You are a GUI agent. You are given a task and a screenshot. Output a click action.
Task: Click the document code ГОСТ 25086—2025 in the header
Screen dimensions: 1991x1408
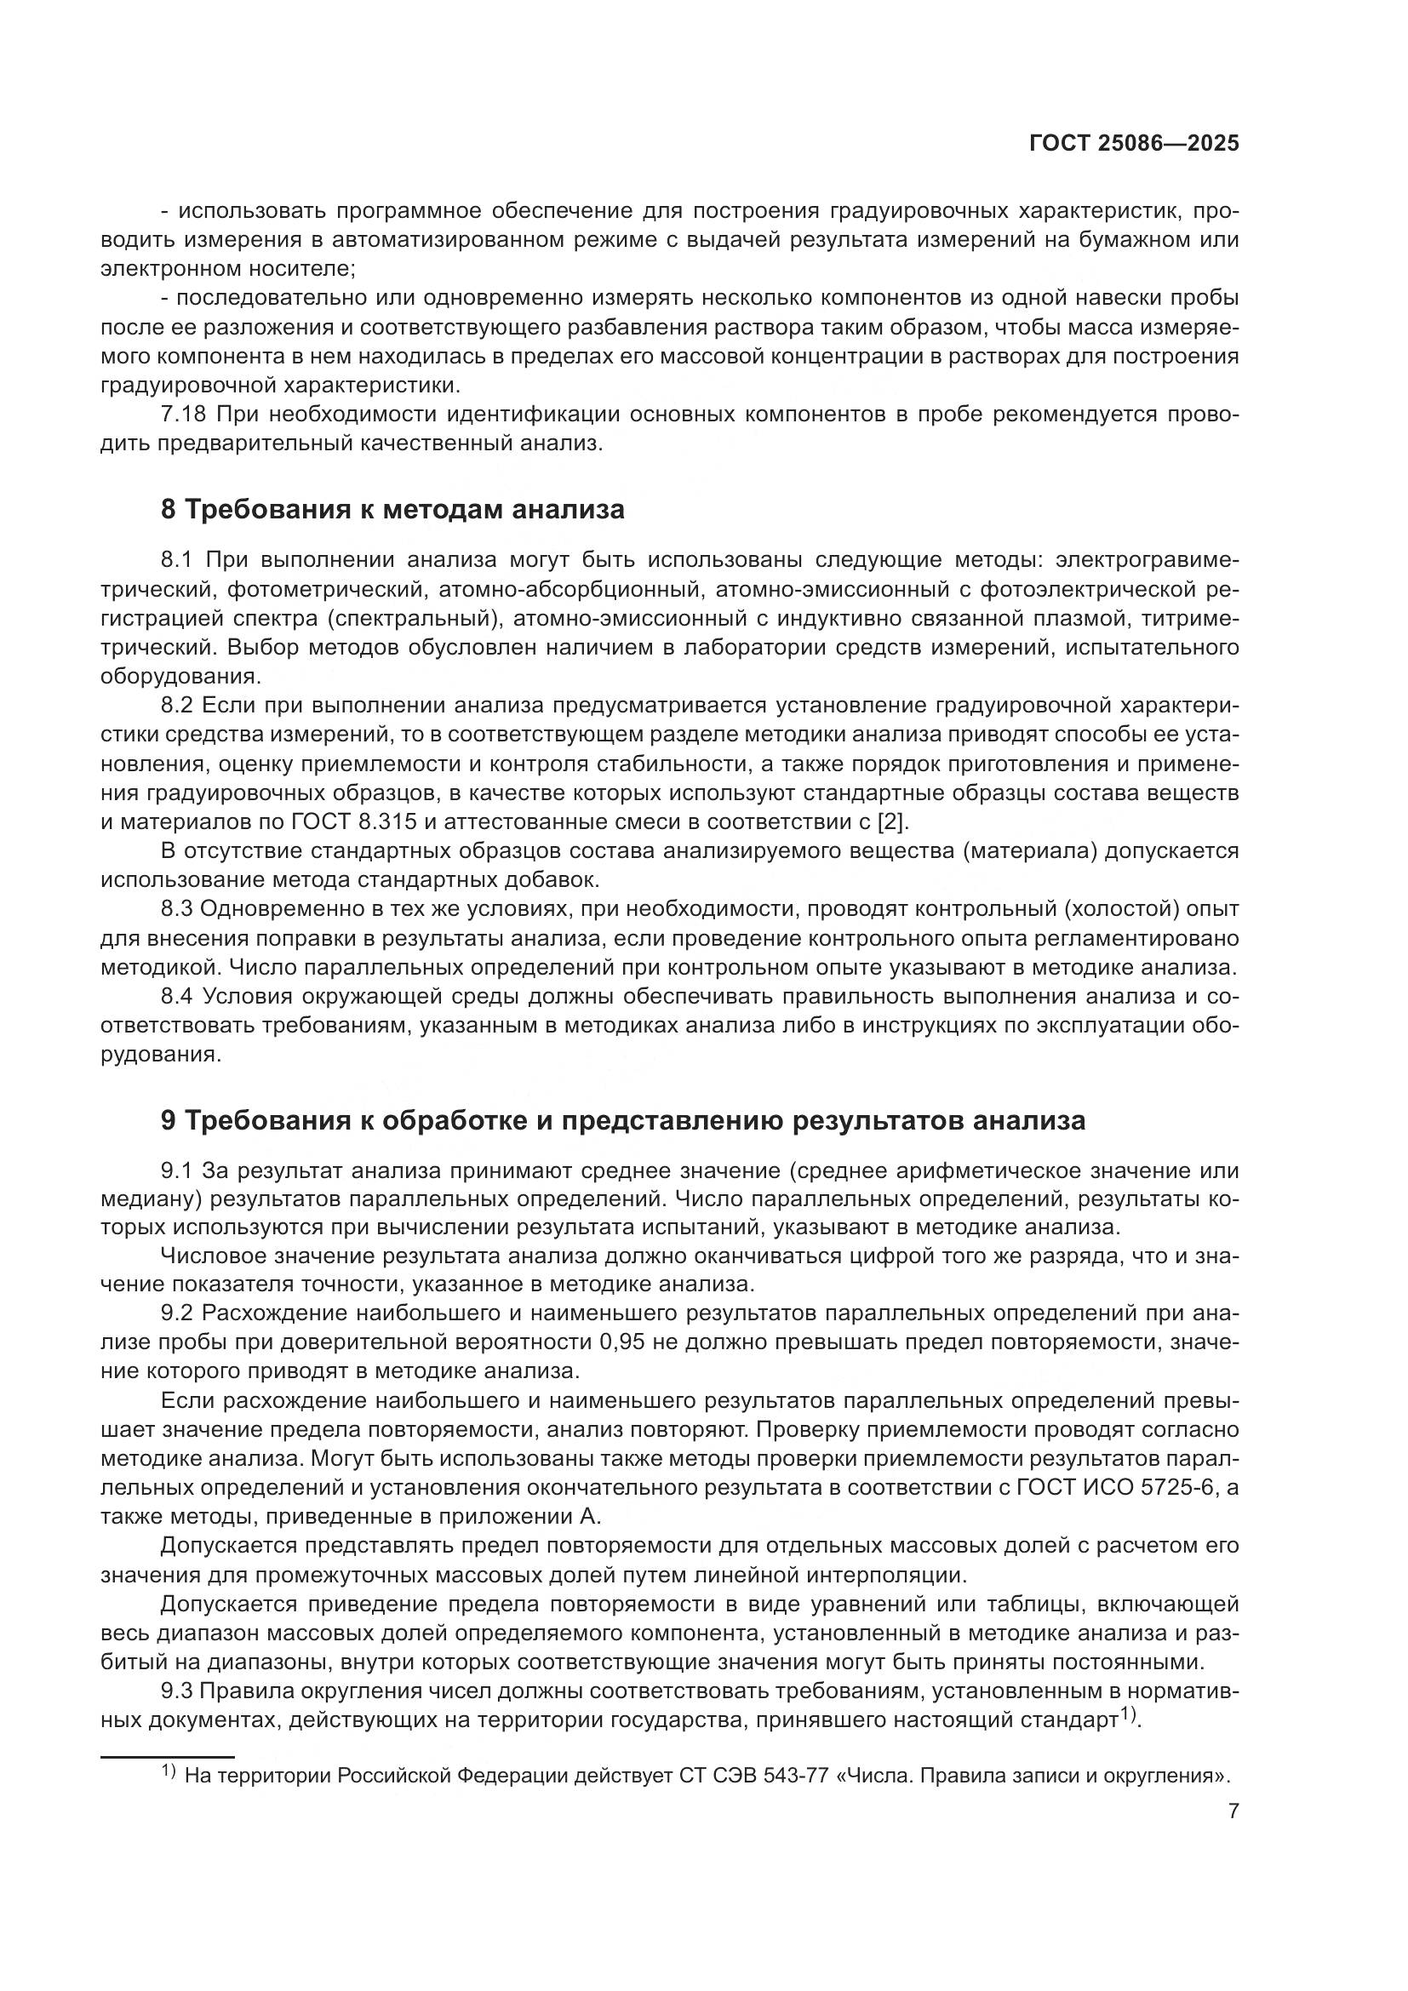pyautogui.click(x=1134, y=144)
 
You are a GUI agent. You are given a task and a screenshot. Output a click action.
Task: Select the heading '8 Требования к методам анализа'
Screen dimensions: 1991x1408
pyautogui.click(x=392, y=509)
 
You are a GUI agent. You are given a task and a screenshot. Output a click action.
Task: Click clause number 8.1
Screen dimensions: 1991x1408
pyautogui.click(x=180, y=560)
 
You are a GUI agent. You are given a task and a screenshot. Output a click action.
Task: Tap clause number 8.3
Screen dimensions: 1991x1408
pyautogui.click(x=180, y=909)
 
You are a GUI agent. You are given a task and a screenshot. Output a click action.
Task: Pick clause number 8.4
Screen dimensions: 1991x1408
pyautogui.click(x=180, y=997)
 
